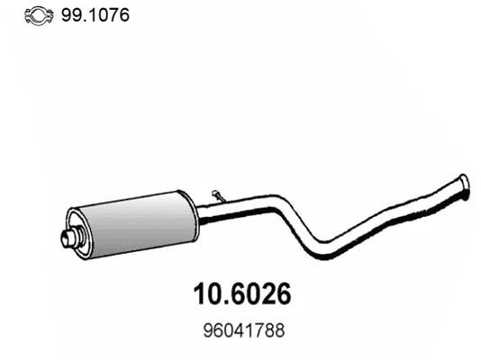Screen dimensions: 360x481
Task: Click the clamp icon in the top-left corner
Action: [x=38, y=14]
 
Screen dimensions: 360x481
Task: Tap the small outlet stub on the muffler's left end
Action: [x=67, y=238]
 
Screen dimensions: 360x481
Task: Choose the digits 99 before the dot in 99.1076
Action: [x=69, y=14]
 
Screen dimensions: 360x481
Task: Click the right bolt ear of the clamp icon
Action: [x=51, y=15]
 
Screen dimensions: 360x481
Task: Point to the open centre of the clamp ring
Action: [x=38, y=14]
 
